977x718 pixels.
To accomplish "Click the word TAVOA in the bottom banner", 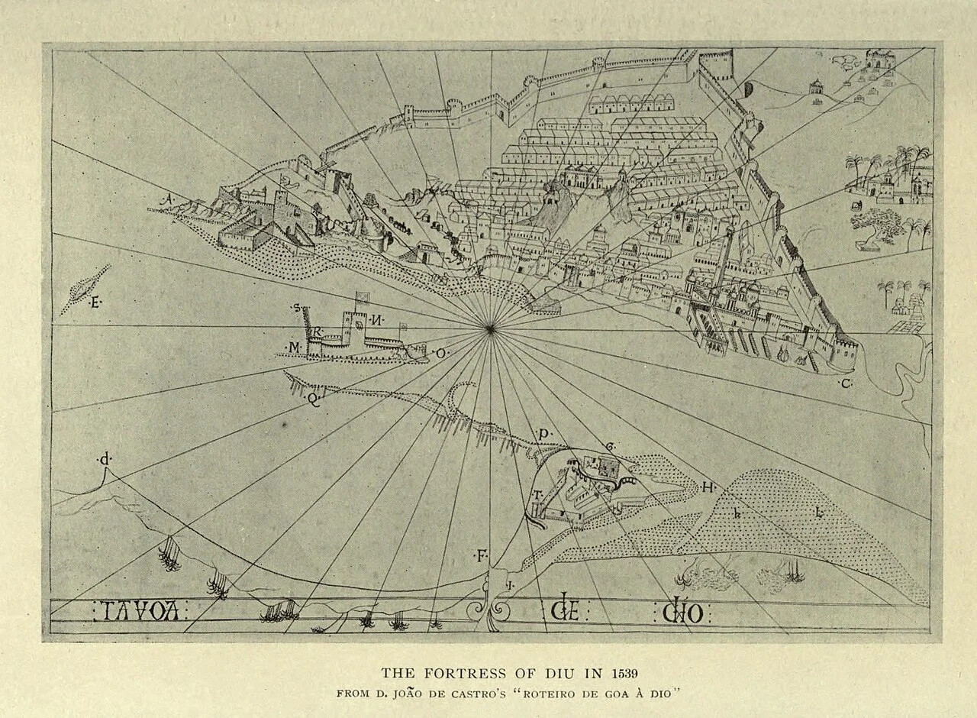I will (x=140, y=611).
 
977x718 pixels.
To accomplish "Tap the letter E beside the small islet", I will (x=95, y=303).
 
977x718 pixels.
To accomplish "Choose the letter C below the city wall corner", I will (x=846, y=383).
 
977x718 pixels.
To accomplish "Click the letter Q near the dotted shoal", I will (x=313, y=398).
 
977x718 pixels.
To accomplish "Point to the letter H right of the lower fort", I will (x=708, y=487).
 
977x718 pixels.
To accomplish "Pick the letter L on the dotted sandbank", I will (x=819, y=513).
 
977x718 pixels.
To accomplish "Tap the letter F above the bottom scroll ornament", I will (x=482, y=555).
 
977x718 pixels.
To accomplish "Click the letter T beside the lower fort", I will (x=537, y=495).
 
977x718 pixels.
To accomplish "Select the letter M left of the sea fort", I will (x=294, y=348).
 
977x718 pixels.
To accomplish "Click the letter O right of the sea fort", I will (x=440, y=354).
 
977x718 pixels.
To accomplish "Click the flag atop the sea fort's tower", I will (x=362, y=299).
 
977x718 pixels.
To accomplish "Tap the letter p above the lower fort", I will (x=544, y=434).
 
